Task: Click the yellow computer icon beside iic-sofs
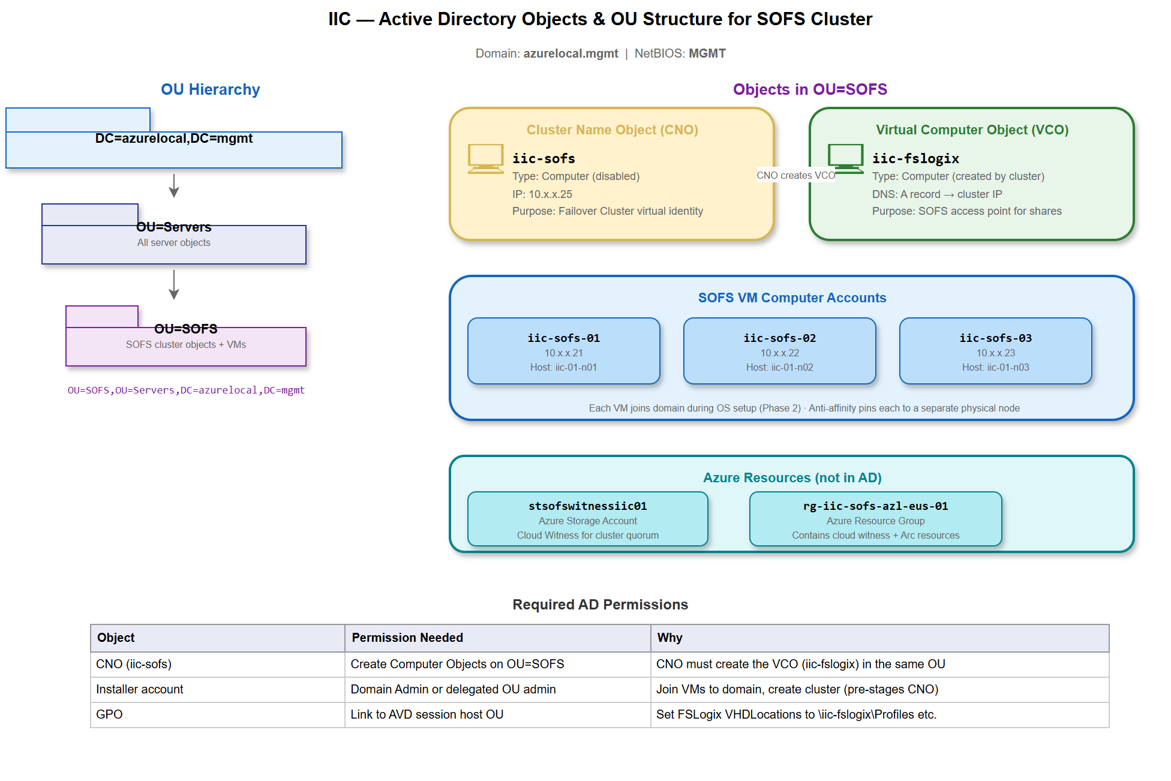click(x=485, y=158)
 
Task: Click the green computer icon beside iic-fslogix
click(x=845, y=158)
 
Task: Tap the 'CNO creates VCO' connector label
click(x=795, y=175)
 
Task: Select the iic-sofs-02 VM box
click(x=779, y=351)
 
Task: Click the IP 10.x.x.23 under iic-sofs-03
click(x=995, y=353)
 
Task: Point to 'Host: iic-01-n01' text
click(x=563, y=368)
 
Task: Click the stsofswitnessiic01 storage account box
click(x=587, y=519)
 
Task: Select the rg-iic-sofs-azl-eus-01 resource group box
click(x=875, y=519)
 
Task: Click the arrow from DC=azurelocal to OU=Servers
click(x=174, y=186)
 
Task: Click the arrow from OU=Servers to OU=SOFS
click(x=174, y=285)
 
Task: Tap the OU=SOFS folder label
click(x=186, y=329)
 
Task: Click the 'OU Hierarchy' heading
click(x=210, y=89)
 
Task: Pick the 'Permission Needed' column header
click(x=407, y=638)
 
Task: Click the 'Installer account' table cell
click(x=140, y=689)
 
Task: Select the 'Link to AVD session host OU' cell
click(x=427, y=714)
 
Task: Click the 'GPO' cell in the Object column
click(x=109, y=714)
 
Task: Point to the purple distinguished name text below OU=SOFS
click(x=186, y=390)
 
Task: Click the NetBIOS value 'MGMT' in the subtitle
click(x=707, y=53)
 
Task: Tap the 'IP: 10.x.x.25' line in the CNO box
click(x=542, y=194)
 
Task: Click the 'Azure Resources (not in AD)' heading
click(x=792, y=478)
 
